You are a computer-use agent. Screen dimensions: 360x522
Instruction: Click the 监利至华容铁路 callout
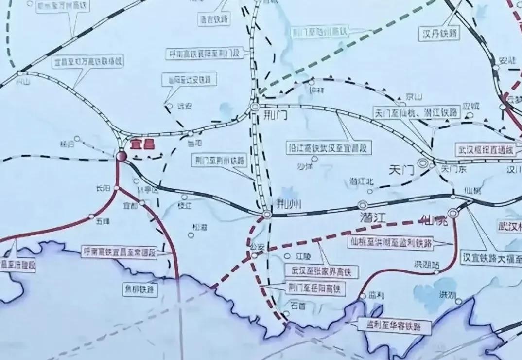(394, 325)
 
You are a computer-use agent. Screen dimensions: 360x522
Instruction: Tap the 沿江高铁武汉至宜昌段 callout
(329, 147)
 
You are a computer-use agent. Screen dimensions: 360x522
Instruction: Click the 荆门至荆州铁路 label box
(219, 161)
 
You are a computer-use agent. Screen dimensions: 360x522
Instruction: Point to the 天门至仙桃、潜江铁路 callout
(417, 112)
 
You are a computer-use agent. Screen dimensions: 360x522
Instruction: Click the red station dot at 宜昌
(121, 156)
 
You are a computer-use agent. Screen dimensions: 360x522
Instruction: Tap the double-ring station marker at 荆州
(267, 214)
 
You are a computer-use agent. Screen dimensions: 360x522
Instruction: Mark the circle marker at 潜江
(362, 204)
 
